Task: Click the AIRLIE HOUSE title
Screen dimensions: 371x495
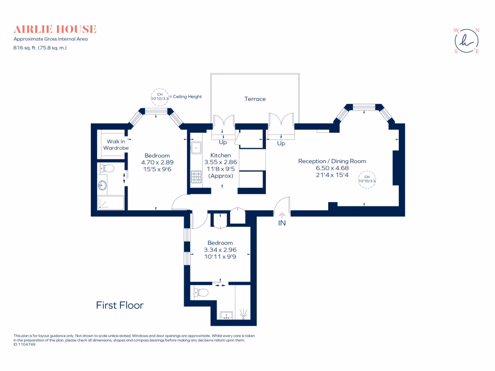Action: tap(55, 29)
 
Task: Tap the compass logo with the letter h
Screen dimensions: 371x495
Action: tap(466, 41)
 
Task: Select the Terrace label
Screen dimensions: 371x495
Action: tap(255, 99)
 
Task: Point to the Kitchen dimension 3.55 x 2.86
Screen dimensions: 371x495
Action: tap(220, 162)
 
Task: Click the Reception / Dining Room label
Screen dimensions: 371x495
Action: tap(332, 161)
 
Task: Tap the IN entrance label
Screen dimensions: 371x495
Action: tap(282, 224)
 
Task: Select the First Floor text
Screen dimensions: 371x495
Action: tap(119, 305)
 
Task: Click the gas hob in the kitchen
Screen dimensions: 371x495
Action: tap(197, 177)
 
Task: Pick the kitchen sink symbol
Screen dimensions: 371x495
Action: tap(197, 146)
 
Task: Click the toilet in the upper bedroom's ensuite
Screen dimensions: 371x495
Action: tap(106, 169)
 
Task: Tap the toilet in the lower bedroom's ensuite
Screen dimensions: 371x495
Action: tap(201, 292)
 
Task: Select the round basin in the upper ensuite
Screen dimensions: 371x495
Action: tap(102, 185)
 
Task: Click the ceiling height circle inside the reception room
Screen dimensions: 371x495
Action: tap(367, 179)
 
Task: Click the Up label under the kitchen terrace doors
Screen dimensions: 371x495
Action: tap(223, 143)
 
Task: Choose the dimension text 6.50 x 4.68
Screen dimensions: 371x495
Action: tap(332, 168)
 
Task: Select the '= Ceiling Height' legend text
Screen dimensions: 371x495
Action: tap(185, 97)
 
